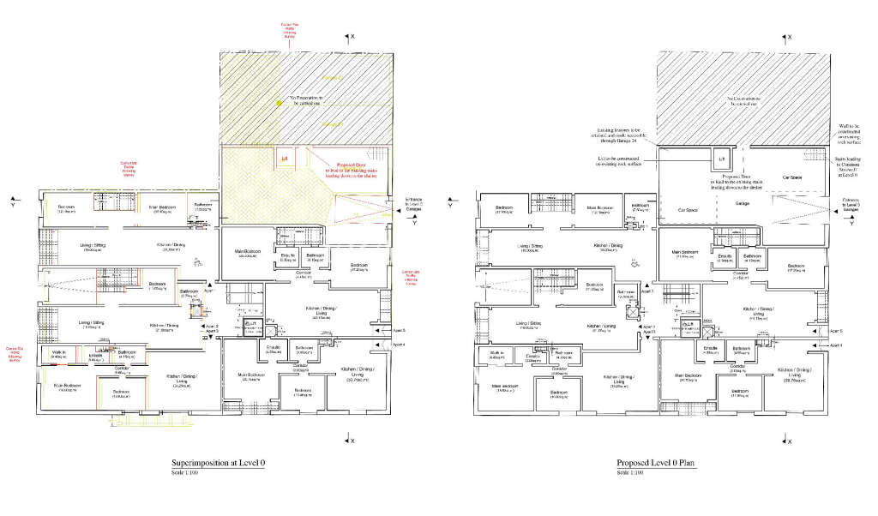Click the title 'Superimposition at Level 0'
pyautogui.click(x=218, y=463)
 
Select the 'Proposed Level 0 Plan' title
pyautogui.click(x=656, y=463)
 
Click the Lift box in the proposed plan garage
pyautogui.click(x=721, y=159)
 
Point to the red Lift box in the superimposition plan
pyautogui.click(x=284, y=159)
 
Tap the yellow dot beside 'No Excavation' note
pyautogui.click(x=279, y=103)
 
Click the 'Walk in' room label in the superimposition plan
pyautogui.click(x=58, y=352)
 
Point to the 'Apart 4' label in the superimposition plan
pyautogui.click(x=397, y=345)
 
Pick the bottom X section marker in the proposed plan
pyautogui.click(x=786, y=441)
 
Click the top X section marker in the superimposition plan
pyautogui.click(x=349, y=37)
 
